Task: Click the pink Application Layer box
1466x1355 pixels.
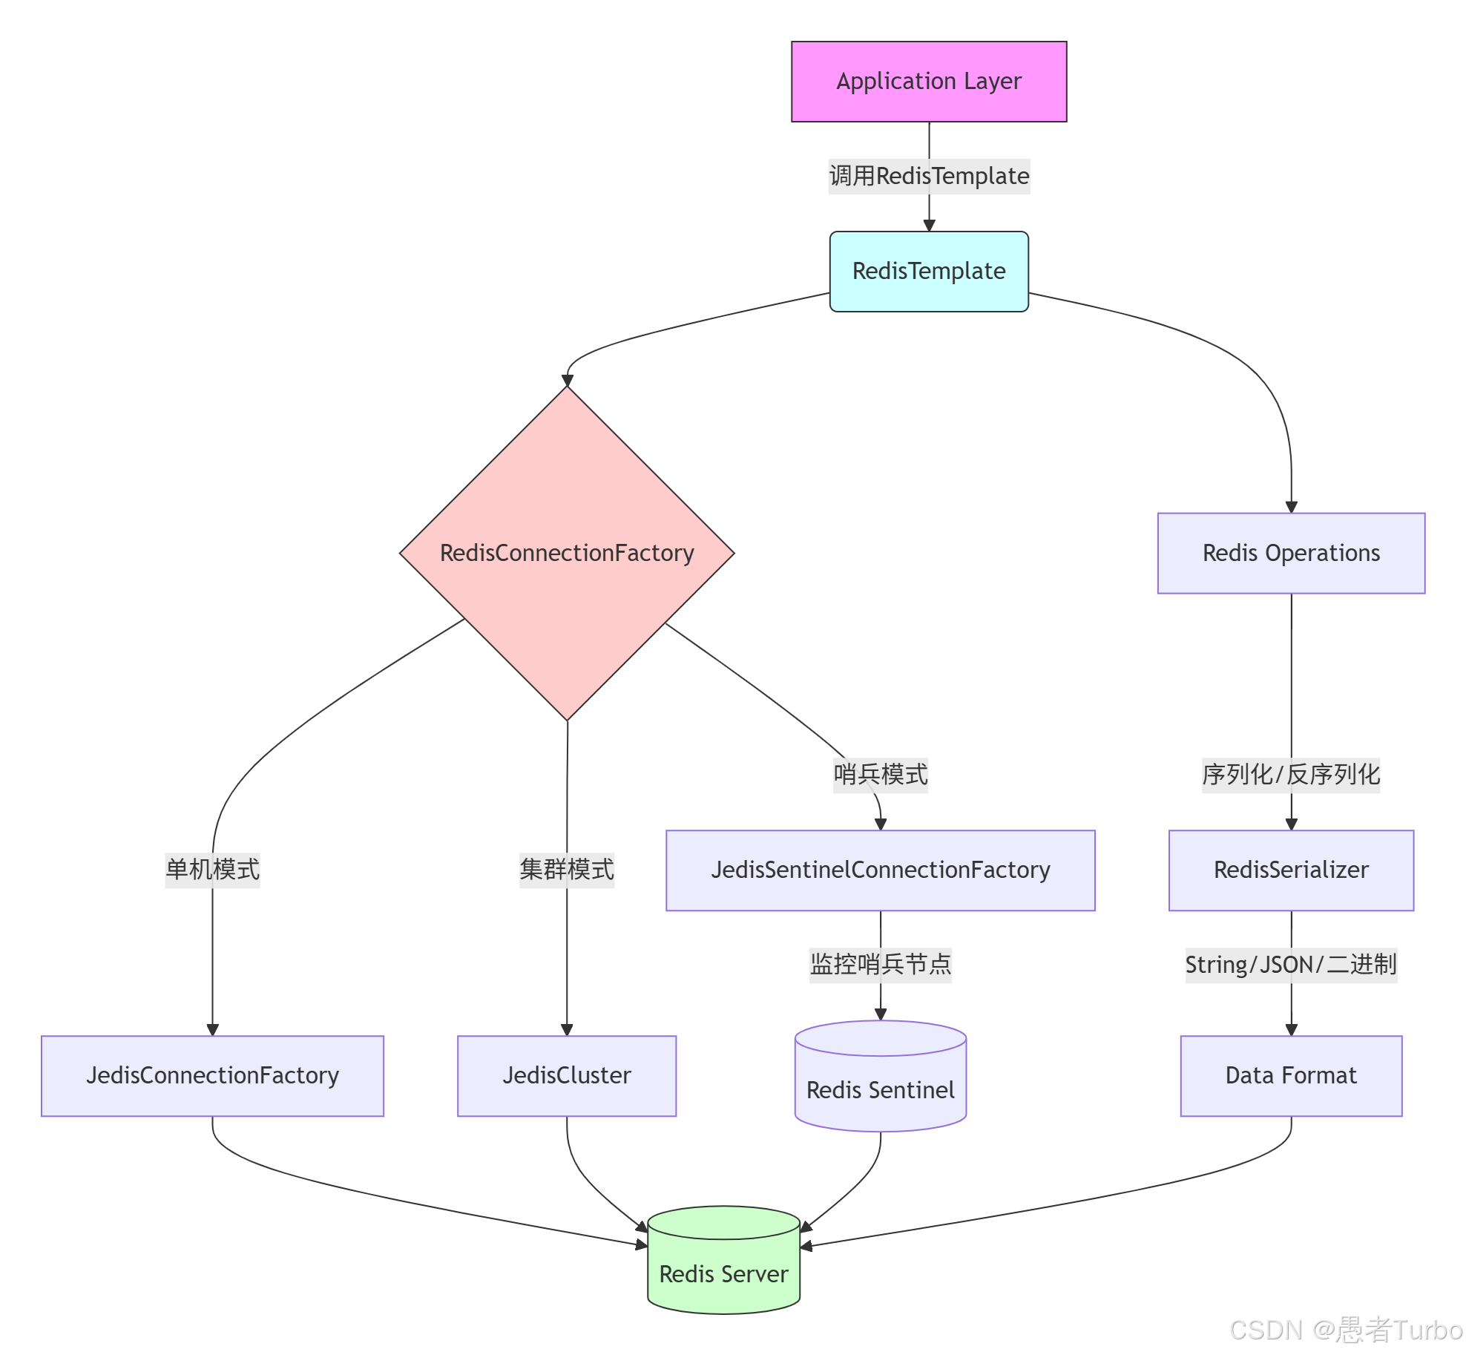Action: [x=928, y=82]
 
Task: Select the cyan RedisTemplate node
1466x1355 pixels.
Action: [x=928, y=272]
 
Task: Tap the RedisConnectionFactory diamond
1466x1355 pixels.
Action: [x=567, y=554]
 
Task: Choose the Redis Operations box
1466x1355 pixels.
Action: [x=1290, y=554]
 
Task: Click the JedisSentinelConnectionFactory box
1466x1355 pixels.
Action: [x=880, y=870]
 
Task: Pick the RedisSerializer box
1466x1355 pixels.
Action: [x=1290, y=870]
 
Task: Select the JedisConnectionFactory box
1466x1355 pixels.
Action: [x=212, y=1076]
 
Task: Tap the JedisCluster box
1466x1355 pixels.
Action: [x=567, y=1076]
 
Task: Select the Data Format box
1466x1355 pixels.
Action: [x=1290, y=1076]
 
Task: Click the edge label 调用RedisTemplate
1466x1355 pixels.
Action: [x=929, y=177]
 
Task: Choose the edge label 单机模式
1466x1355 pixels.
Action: [x=212, y=870]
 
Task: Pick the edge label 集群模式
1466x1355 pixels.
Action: [x=567, y=870]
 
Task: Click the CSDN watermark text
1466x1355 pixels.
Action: [x=1345, y=1331]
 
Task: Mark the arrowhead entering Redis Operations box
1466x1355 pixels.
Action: [x=1291, y=508]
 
